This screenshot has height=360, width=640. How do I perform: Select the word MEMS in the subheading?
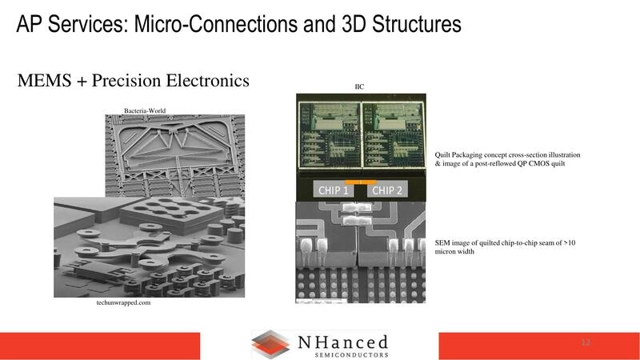44,81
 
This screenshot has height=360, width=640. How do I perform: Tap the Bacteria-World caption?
145,110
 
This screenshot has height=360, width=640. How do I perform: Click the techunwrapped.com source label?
118,303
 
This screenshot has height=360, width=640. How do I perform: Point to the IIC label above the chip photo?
359,86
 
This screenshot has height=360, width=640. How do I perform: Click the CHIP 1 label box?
333,191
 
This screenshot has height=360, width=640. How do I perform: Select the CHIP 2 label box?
387,191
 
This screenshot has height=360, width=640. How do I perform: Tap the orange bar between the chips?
360,182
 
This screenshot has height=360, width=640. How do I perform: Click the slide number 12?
586,343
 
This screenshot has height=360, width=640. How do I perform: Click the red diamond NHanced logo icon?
270,344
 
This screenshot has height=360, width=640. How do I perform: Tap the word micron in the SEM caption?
448,251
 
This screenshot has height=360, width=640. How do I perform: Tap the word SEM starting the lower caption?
443,242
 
